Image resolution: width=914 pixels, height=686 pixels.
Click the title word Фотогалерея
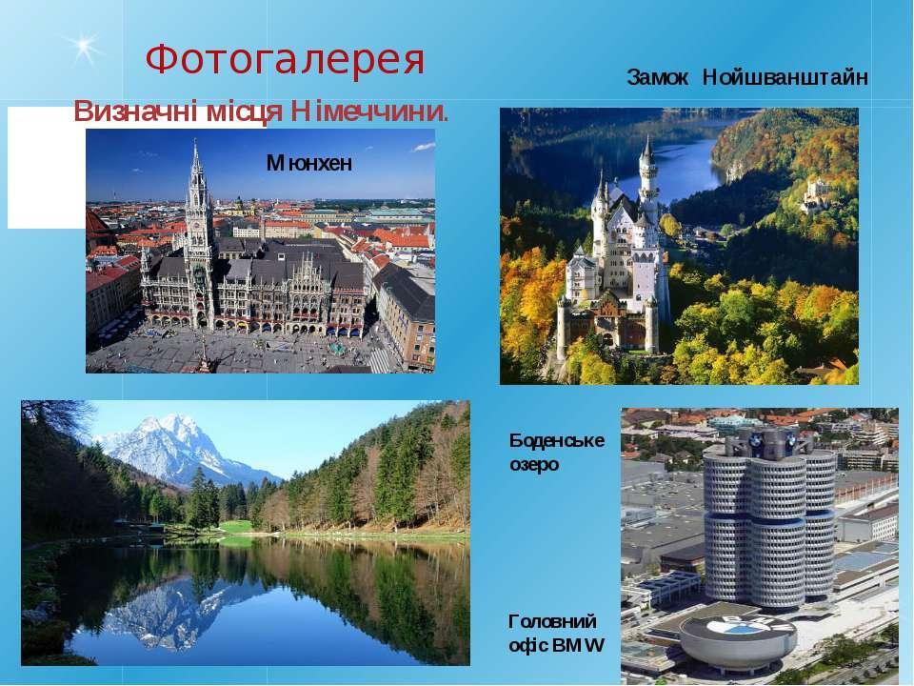(x=285, y=59)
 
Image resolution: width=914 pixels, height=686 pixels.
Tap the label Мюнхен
(x=308, y=163)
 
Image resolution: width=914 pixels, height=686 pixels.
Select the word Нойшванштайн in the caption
(x=785, y=77)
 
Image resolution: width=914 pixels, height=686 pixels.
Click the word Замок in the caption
(x=658, y=77)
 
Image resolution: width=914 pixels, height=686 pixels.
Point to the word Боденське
(x=557, y=440)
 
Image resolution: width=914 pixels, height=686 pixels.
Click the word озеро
(x=534, y=465)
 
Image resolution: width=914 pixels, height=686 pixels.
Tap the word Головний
(x=552, y=621)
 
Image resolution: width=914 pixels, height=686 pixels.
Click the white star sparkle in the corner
(x=85, y=46)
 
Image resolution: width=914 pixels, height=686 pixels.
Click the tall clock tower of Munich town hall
(x=198, y=233)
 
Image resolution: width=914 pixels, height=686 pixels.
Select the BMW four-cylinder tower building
(x=769, y=519)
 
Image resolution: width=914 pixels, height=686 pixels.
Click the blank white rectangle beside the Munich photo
(x=46, y=168)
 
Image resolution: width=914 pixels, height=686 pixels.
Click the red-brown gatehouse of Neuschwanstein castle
(x=608, y=324)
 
